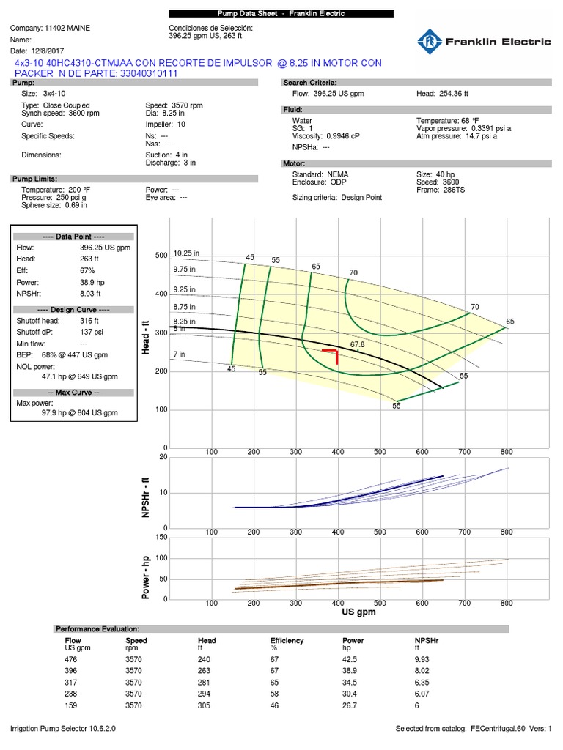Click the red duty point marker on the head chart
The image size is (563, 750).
pyautogui.click(x=332, y=354)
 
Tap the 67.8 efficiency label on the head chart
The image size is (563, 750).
pyautogui.click(x=357, y=344)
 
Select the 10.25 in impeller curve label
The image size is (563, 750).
pyautogui.click(x=186, y=253)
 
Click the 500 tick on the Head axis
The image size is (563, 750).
pyautogui.click(x=161, y=256)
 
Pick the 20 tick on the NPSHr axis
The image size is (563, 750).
pyautogui.click(x=163, y=457)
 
